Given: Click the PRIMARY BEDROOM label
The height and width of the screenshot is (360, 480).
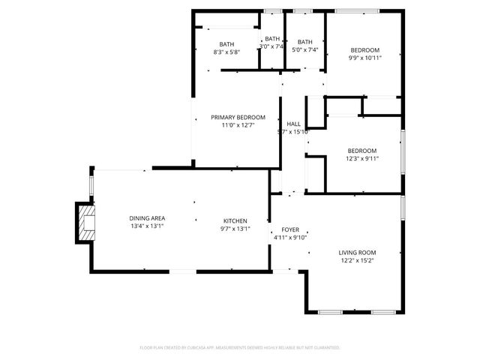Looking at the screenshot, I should click(x=238, y=118).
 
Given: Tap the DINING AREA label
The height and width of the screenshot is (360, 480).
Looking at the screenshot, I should click(x=148, y=218).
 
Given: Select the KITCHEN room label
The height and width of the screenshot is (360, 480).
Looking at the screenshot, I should click(x=235, y=220).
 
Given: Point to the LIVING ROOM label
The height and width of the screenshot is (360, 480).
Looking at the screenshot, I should click(x=358, y=253).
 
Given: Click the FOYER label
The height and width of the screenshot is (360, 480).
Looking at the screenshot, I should click(x=290, y=229).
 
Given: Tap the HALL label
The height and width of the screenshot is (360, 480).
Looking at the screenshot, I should click(x=294, y=124).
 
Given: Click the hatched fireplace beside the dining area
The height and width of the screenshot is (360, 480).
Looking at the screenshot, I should click(x=87, y=222).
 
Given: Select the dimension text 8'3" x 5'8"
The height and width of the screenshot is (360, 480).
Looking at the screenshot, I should click(x=226, y=52).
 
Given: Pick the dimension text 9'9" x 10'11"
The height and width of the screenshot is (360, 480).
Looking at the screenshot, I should click(x=365, y=58).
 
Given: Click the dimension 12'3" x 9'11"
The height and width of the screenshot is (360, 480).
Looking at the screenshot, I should click(x=362, y=158).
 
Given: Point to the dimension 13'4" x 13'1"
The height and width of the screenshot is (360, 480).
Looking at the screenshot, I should click(x=147, y=226).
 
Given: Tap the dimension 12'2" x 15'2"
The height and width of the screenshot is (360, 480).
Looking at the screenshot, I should click(x=358, y=261).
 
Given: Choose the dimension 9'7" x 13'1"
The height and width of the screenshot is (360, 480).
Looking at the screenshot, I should click(x=235, y=229).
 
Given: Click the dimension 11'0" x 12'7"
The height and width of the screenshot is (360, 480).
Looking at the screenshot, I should click(x=238, y=126).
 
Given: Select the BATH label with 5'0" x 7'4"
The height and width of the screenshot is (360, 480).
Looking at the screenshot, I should click(x=305, y=42).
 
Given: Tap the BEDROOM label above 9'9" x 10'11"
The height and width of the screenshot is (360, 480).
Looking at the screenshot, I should click(x=365, y=49).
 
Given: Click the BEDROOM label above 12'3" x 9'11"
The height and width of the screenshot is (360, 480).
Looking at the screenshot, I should click(x=361, y=150).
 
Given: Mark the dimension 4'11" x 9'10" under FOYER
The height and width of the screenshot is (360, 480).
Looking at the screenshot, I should click(x=290, y=238).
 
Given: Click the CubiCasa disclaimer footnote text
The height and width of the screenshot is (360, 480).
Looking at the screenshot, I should click(x=240, y=348).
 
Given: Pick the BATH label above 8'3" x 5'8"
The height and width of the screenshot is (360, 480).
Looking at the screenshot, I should click(x=226, y=43).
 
